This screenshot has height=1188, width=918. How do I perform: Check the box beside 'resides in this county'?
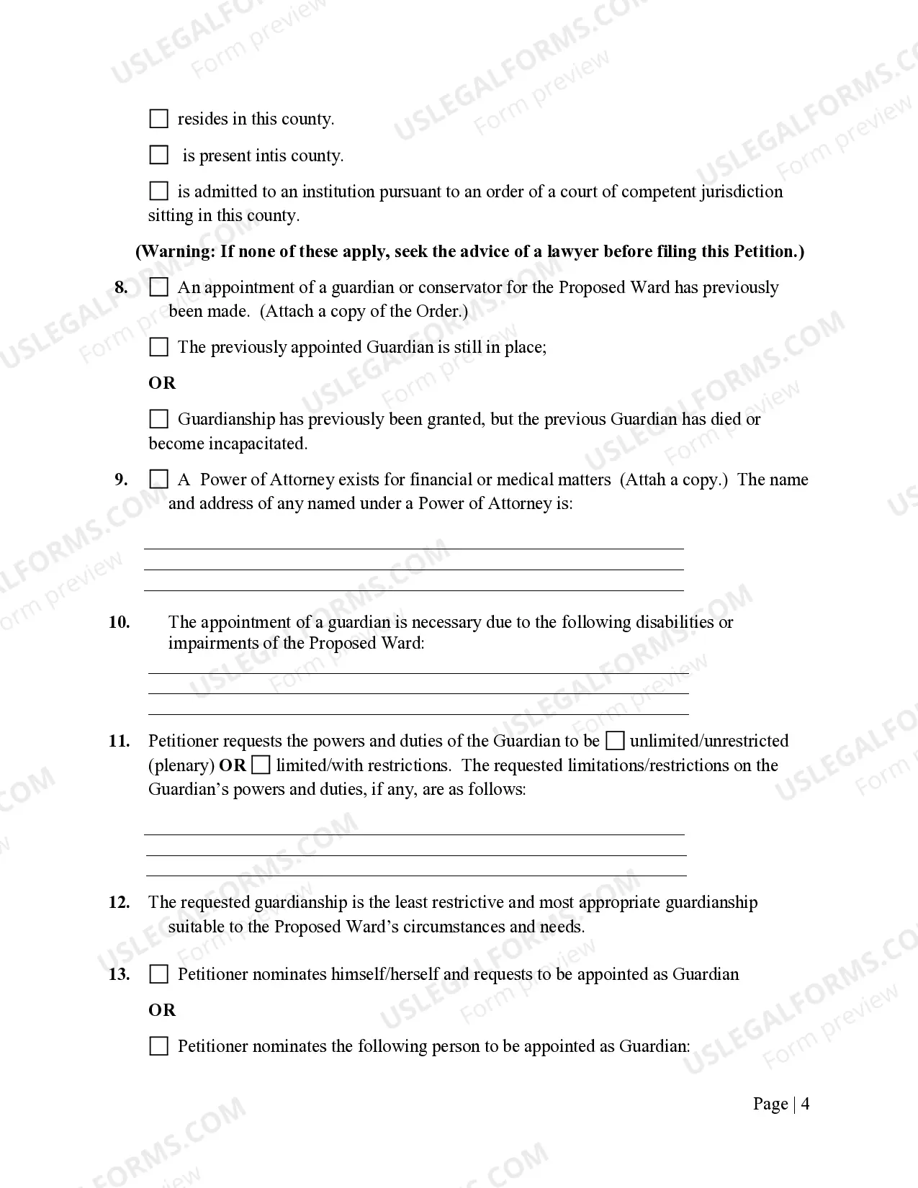158,119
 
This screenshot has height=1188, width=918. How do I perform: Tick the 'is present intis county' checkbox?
158,155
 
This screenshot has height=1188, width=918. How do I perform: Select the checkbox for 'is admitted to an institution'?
158,191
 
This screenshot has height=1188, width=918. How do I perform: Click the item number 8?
121,287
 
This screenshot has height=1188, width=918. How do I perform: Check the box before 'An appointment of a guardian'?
158,287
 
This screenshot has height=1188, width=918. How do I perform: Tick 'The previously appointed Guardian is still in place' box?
158,347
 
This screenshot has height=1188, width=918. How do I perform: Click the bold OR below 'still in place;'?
162,383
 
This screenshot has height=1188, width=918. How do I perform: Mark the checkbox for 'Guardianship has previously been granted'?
158,419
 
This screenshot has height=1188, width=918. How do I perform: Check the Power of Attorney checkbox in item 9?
158,480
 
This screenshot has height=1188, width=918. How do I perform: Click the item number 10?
119,622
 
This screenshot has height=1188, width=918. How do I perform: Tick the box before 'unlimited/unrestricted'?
615,741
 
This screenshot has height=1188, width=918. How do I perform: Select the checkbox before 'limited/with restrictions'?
261,765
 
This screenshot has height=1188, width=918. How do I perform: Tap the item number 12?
119,902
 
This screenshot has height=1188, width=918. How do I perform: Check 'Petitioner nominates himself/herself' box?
158,974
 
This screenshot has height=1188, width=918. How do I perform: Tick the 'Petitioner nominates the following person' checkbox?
158,1046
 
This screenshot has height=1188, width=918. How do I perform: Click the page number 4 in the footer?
805,1104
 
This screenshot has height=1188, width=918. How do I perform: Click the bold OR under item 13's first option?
162,1010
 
